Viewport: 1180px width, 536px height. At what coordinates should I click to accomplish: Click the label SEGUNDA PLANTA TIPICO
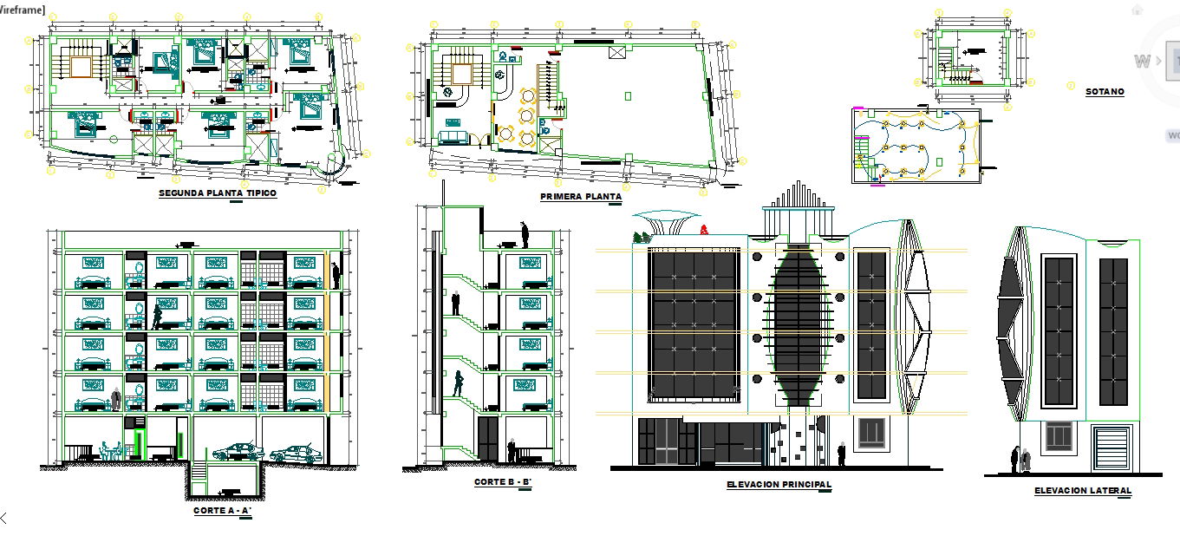(218, 193)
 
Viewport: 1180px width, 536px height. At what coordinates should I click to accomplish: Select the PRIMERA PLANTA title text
(581, 197)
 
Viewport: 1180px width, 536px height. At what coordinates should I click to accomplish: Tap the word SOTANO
(1105, 92)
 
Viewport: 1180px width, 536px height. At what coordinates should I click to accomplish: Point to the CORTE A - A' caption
(222, 511)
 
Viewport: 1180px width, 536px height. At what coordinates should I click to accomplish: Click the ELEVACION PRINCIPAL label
(779, 485)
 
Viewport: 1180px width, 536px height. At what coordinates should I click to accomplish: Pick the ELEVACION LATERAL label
(1082, 491)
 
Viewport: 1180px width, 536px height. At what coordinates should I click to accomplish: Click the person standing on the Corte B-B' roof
(524, 235)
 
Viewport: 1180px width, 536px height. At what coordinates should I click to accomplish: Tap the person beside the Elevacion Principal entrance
(841, 454)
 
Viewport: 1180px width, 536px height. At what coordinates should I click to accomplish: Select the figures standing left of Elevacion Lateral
(1020, 460)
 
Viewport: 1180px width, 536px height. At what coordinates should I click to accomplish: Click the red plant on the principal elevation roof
(704, 230)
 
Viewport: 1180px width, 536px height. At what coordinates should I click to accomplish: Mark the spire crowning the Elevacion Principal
(796, 196)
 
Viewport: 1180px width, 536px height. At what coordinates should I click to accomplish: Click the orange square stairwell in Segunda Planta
(81, 67)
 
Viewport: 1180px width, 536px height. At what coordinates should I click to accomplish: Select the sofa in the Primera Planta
(451, 137)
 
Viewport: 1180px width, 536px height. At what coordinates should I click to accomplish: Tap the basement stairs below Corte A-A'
(199, 474)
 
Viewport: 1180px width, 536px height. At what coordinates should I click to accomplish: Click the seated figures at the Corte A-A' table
(110, 450)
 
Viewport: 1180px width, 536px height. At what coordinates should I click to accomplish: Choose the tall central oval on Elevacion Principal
(796, 325)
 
